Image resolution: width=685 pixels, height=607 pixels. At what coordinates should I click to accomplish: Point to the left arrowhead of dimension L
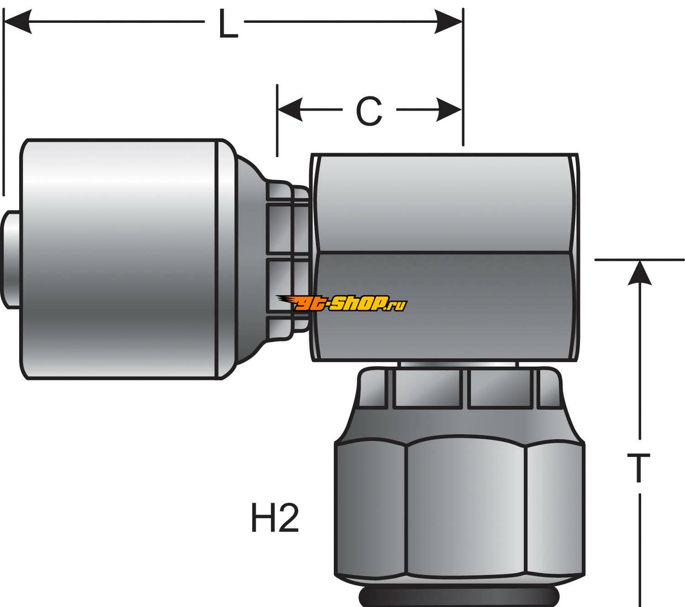(18, 21)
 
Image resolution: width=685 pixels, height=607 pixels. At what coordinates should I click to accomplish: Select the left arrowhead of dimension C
(290, 110)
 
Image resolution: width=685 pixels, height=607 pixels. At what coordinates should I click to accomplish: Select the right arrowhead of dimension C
(449, 110)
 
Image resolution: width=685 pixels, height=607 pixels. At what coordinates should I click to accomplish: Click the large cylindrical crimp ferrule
(119, 259)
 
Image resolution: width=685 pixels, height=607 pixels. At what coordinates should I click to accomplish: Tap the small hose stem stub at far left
(10, 260)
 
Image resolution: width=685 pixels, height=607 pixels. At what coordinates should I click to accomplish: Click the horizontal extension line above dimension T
(639, 259)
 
